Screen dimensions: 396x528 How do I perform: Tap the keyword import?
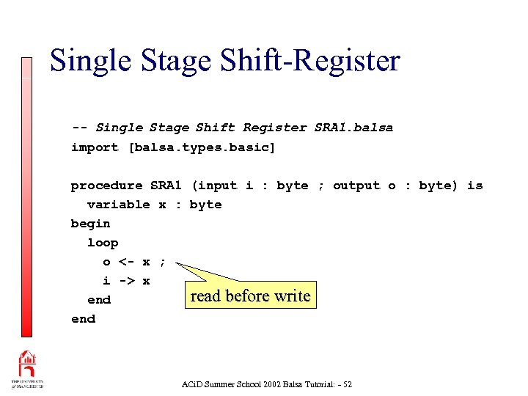[x=95, y=147]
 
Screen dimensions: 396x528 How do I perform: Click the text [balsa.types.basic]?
[x=202, y=147]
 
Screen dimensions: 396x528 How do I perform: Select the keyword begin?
[x=90, y=224]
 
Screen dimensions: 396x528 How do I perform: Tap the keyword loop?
[x=103, y=243]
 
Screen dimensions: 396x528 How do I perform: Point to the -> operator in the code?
[x=126, y=281]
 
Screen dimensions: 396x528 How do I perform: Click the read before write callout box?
[x=250, y=296]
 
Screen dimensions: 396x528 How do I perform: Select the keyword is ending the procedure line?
[x=475, y=186]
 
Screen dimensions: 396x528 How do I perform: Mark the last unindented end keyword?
[x=83, y=319]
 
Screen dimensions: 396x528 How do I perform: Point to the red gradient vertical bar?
[x=26, y=198]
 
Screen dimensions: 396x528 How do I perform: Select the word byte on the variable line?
[x=205, y=205]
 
